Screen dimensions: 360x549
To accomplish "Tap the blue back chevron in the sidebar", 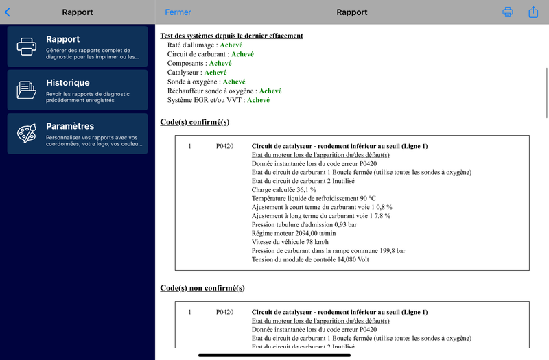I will (8, 12).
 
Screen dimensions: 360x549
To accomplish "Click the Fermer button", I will (178, 12).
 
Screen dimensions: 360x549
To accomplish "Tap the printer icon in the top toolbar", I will (508, 12).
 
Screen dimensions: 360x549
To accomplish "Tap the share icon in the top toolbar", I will (533, 12).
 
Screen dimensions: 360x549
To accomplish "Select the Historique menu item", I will (77, 90).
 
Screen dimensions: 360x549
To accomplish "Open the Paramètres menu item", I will (77, 133).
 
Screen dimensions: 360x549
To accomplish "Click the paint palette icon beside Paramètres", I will (27, 133).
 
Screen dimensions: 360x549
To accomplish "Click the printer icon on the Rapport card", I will (27, 46).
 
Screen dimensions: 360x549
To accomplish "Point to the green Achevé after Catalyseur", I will (215, 72).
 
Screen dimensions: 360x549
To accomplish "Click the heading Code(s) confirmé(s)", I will (195, 122).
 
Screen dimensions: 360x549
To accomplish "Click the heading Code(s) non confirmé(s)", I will (202, 288).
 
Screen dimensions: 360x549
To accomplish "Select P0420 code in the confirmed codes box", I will (224, 146).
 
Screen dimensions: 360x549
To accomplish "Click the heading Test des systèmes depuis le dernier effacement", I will (231, 36).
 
